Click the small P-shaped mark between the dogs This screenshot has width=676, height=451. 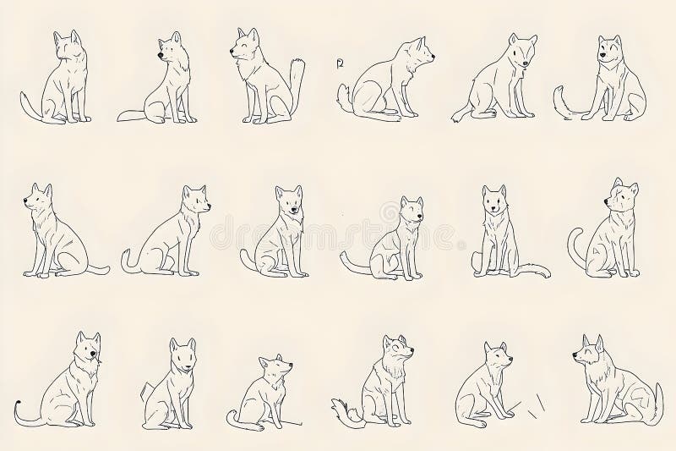point(340,63)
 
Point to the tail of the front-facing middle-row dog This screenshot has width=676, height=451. point(530,272)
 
